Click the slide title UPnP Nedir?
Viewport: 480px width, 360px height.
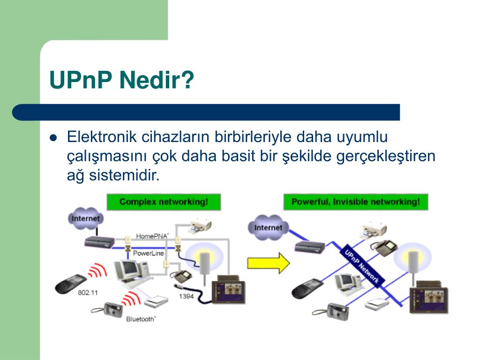click(x=121, y=80)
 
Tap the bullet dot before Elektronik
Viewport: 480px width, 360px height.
click(x=53, y=138)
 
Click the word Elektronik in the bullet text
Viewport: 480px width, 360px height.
click(x=102, y=136)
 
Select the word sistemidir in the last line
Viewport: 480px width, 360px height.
click(x=124, y=175)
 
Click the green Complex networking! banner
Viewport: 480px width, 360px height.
click(x=164, y=202)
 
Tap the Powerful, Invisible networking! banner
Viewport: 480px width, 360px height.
click(x=355, y=202)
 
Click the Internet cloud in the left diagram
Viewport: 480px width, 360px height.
click(x=86, y=218)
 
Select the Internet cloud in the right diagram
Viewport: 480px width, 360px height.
click(x=268, y=227)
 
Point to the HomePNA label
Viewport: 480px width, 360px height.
click(x=152, y=236)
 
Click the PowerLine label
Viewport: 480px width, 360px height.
click(x=148, y=253)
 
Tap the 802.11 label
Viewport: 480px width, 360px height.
click(x=88, y=292)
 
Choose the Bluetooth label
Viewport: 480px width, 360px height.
click(x=141, y=319)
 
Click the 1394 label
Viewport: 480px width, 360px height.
click(x=186, y=296)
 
